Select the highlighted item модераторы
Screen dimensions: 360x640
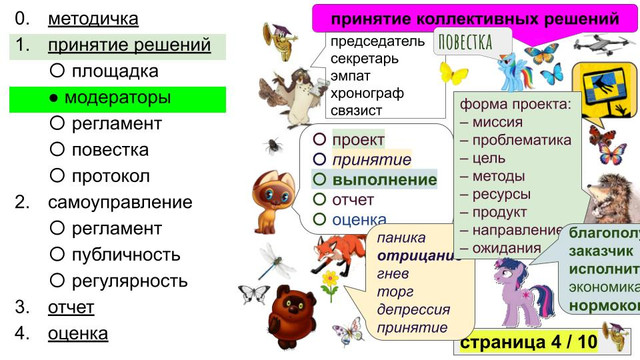pos(116,98)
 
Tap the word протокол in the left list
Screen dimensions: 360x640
pos(110,176)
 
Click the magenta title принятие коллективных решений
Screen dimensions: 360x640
pos(474,18)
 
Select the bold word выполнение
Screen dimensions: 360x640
pos(385,180)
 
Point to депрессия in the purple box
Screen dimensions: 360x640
pos(413,309)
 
